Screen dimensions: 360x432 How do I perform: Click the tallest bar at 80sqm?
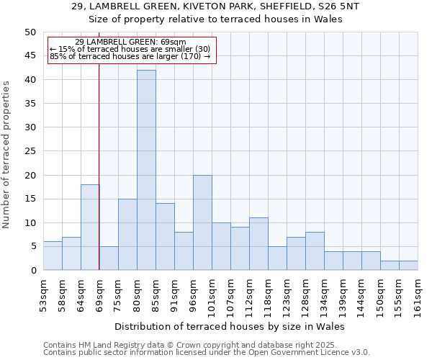[x=146, y=170]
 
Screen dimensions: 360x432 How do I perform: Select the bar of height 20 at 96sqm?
[x=202, y=222]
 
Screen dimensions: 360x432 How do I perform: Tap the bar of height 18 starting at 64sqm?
[x=90, y=227]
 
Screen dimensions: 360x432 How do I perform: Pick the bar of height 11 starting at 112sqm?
[x=258, y=244]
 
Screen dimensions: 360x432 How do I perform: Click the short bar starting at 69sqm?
[x=109, y=258]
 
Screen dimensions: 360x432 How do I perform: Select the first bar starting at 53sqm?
[x=53, y=256]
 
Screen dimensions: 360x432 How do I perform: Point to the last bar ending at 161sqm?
[x=408, y=266]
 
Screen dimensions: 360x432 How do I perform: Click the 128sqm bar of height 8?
[x=315, y=251]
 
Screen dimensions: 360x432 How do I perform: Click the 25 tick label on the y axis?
[x=30, y=151]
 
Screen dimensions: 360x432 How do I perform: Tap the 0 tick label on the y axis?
[x=32, y=271]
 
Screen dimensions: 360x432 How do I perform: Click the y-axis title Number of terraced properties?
[x=7, y=154]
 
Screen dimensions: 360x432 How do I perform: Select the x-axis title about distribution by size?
[x=230, y=327]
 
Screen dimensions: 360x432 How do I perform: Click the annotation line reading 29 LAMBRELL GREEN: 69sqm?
[x=130, y=42]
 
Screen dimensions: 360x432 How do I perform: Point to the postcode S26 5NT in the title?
[x=338, y=6]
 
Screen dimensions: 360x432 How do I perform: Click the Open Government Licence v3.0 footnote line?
[x=207, y=353]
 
